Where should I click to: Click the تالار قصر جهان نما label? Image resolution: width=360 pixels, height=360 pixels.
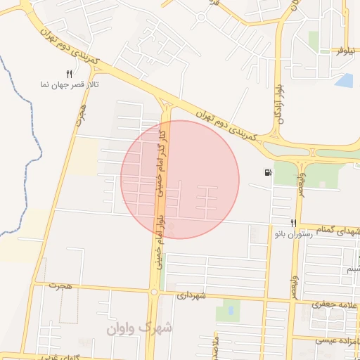coord(68,84)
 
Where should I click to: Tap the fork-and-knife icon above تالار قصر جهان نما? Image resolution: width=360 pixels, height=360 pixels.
coord(69,73)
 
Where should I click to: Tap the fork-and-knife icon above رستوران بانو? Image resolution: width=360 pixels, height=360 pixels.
coord(294,224)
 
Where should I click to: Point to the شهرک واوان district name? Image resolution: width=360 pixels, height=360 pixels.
coord(139,328)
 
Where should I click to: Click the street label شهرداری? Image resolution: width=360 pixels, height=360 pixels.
coord(191,296)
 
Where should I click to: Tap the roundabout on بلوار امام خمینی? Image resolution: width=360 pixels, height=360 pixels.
coord(154,291)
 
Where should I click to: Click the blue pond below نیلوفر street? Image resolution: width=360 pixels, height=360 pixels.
coord(344,80)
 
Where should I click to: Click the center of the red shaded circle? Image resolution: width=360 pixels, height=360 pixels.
coord(180,179)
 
